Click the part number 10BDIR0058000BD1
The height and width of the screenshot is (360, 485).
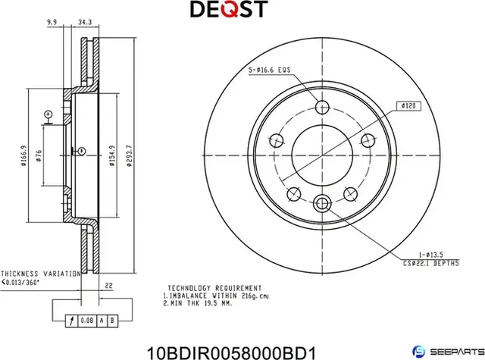242,349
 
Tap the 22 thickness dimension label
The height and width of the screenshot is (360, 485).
109,286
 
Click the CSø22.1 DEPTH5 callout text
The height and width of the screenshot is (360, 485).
430,263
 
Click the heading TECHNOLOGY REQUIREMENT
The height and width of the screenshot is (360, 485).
214,289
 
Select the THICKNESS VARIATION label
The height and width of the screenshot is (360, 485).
39,274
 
